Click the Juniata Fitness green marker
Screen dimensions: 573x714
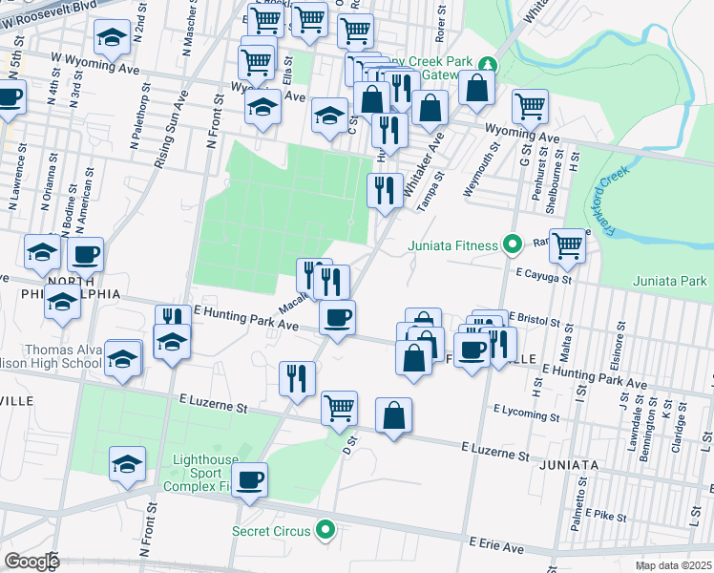pos(511,245)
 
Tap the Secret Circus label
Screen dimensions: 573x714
pos(272,530)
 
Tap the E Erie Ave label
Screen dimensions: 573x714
pos(495,545)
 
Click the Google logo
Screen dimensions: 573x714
pos(31,562)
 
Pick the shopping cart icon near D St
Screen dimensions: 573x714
pos(339,408)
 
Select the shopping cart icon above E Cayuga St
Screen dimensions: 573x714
pos(568,245)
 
